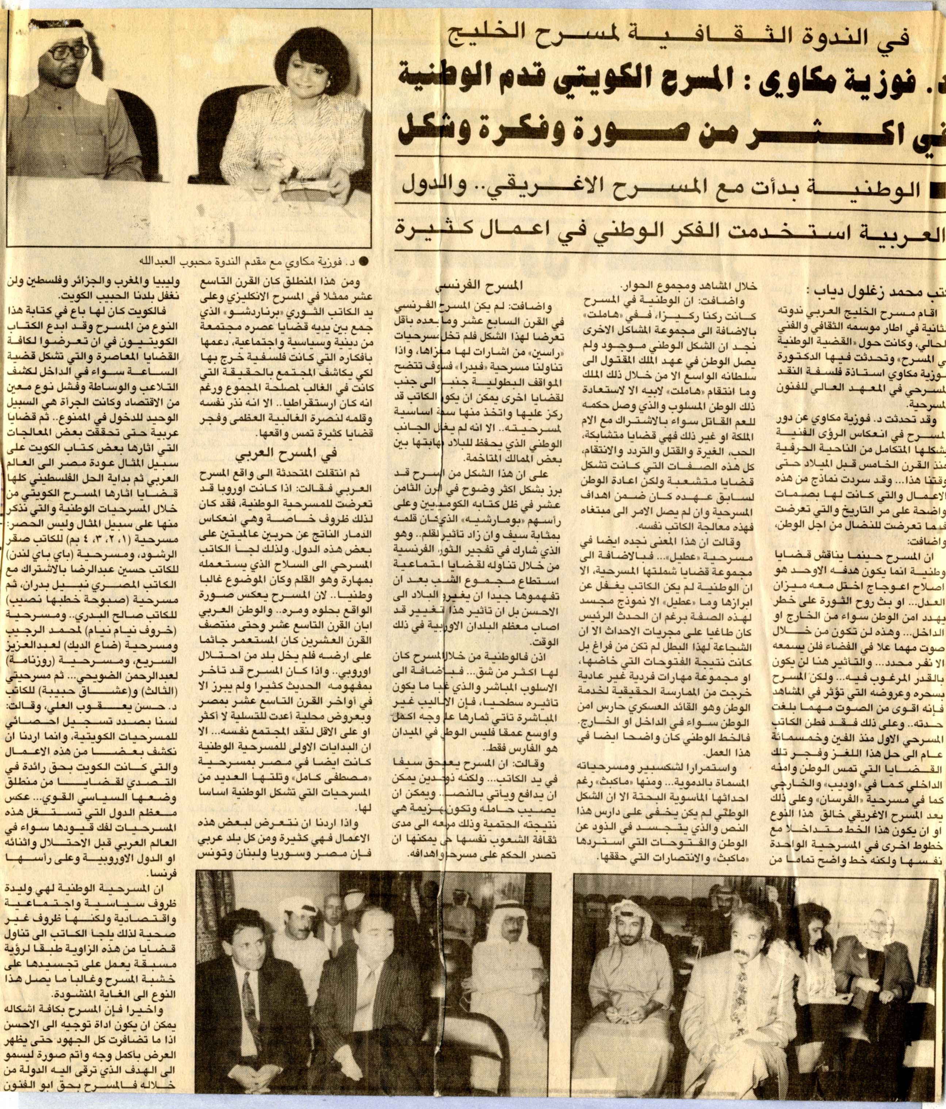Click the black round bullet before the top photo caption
tap(365, 262)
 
